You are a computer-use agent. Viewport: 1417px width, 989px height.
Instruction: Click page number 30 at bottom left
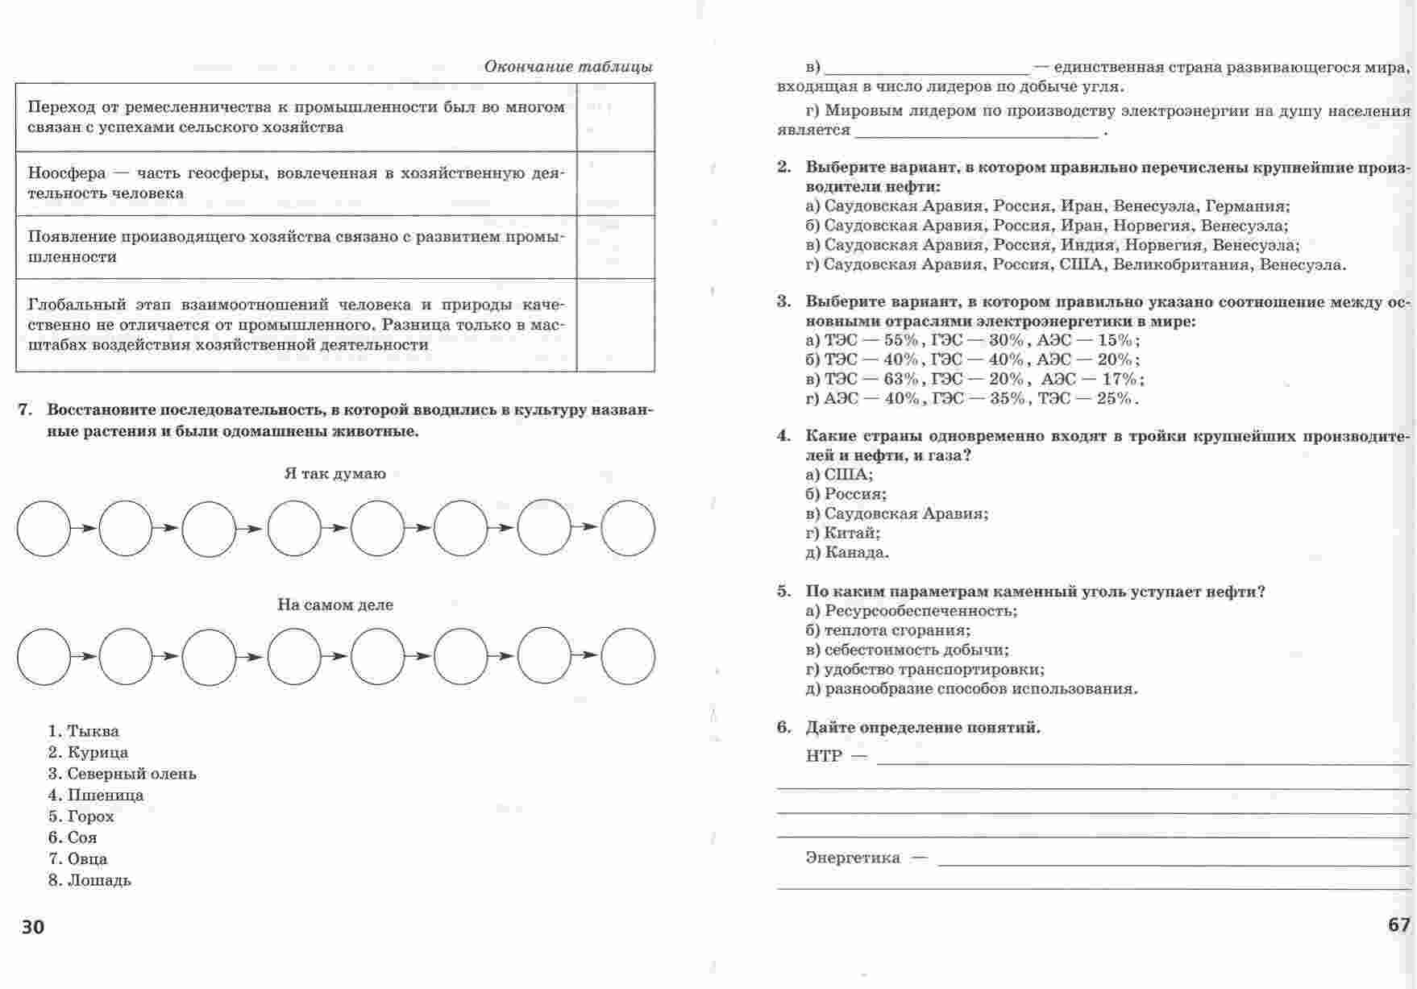[x=33, y=927]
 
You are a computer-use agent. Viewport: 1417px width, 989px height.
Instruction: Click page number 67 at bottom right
[x=1399, y=925]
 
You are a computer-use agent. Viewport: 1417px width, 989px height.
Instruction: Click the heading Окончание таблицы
[x=568, y=67]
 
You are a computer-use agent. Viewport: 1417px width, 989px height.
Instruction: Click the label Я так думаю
[x=335, y=474]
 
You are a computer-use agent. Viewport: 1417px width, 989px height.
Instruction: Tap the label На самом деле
[x=335, y=605]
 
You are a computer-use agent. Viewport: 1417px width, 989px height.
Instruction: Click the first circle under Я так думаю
[x=44, y=528]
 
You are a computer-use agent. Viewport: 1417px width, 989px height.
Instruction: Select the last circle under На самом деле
[x=628, y=657]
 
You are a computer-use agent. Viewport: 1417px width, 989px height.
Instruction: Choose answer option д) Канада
[x=846, y=553]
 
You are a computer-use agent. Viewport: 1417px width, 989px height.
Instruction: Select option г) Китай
[x=842, y=533]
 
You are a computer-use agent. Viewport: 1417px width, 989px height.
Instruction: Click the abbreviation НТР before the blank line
[x=823, y=756]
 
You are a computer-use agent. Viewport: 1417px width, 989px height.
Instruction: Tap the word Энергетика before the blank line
[x=853, y=858]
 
